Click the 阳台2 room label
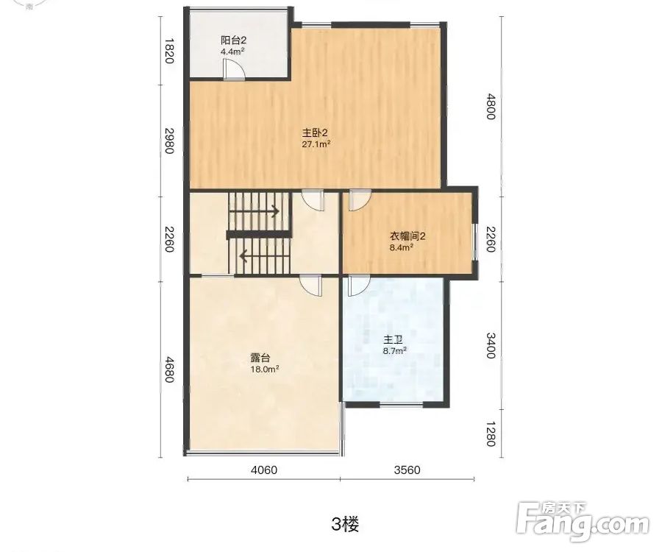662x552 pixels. pyautogui.click(x=233, y=40)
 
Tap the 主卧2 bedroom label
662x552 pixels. pyautogui.click(x=315, y=133)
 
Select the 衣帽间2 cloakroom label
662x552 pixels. pyautogui.click(x=407, y=236)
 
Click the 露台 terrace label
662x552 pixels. pyautogui.click(x=260, y=358)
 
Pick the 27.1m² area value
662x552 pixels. pyautogui.click(x=316, y=144)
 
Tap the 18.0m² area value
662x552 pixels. pyautogui.click(x=264, y=369)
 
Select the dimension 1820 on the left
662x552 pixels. pyautogui.click(x=169, y=51)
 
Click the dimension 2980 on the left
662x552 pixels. pyautogui.click(x=169, y=141)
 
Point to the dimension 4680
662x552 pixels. pyautogui.click(x=169, y=369)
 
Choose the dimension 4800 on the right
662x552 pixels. pyautogui.click(x=490, y=107)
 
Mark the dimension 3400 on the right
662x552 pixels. pyautogui.click(x=490, y=345)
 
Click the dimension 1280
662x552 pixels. pyautogui.click(x=490, y=434)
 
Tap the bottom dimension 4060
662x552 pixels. pyautogui.click(x=264, y=470)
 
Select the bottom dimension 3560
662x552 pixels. pyautogui.click(x=407, y=470)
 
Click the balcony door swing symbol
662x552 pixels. pyautogui.click(x=234, y=69)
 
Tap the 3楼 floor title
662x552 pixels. pyautogui.click(x=346, y=525)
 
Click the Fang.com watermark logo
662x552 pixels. pyautogui.click(x=583, y=522)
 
